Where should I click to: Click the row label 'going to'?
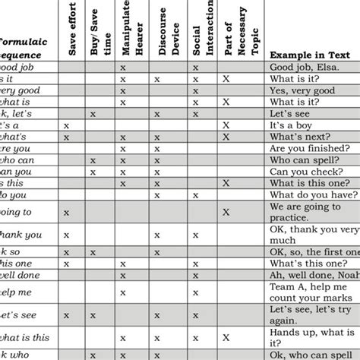pos(17,212)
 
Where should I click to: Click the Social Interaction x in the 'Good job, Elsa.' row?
pos(195,68)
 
